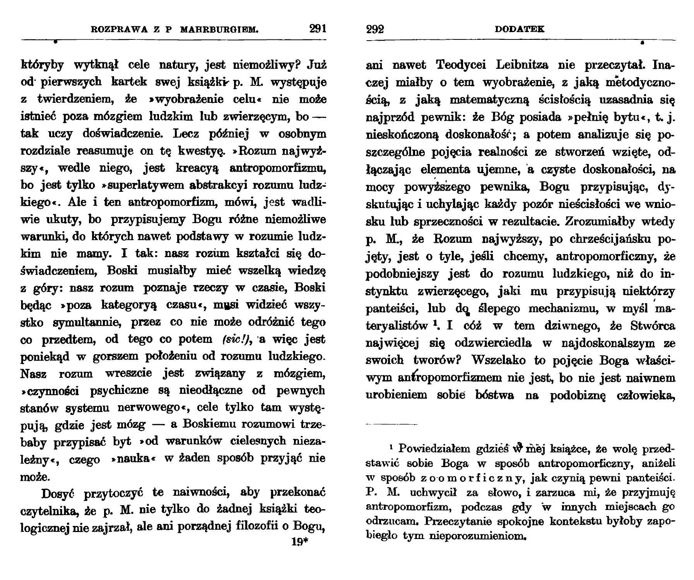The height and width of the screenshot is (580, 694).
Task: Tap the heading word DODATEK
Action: [x=520, y=29]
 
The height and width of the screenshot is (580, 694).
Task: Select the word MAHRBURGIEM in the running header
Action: [x=219, y=29]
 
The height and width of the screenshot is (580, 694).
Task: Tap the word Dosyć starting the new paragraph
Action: [x=58, y=494]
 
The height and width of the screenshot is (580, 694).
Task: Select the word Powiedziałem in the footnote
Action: [x=429, y=449]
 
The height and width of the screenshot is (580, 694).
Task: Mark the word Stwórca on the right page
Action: [x=652, y=326]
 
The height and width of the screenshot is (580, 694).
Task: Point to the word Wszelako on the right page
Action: [x=498, y=360]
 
